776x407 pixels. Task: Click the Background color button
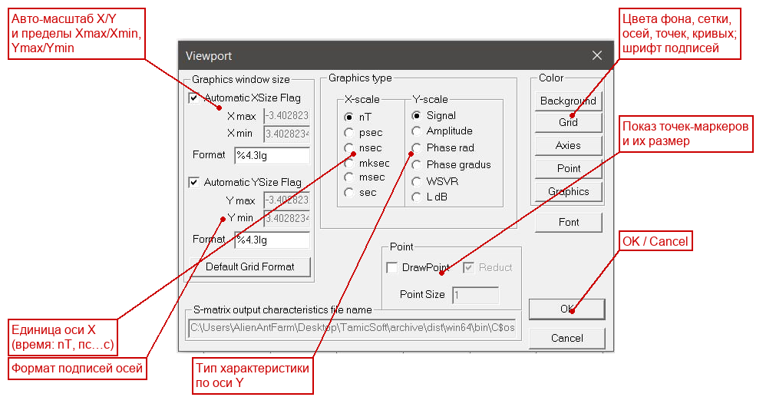(x=568, y=101)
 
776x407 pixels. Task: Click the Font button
(x=568, y=223)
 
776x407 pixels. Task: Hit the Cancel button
(x=566, y=338)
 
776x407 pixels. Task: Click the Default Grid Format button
(x=250, y=267)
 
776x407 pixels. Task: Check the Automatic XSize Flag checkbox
(x=194, y=98)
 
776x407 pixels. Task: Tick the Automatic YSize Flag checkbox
(x=194, y=182)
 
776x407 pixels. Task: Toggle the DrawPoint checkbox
(x=392, y=268)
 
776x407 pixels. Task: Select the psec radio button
(x=349, y=133)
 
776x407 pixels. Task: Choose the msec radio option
(x=349, y=177)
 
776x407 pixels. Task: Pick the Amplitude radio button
(x=417, y=131)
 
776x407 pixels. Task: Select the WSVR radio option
(x=417, y=182)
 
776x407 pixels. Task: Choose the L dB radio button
(x=417, y=197)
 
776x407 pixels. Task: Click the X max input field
(x=286, y=116)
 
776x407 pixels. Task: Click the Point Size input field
(x=475, y=295)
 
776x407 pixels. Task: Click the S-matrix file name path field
(x=352, y=328)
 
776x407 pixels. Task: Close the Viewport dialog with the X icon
(x=597, y=55)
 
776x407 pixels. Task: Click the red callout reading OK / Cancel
(x=655, y=241)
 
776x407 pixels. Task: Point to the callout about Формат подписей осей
(x=78, y=369)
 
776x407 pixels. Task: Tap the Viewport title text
(x=208, y=56)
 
